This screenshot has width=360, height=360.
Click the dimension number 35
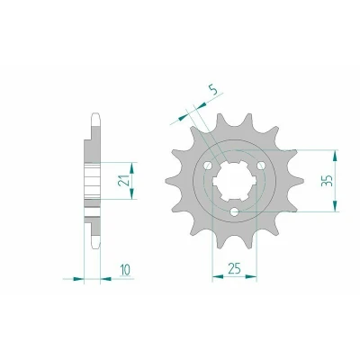tap(327, 180)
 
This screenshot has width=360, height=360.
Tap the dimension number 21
tap(123, 180)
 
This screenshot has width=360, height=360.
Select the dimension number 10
tap(125, 270)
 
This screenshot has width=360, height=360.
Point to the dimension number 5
tap(212, 89)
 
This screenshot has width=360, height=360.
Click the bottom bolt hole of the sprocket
tap(234, 212)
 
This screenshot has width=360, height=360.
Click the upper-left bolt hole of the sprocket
tap(207, 166)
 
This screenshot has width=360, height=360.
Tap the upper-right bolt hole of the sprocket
tap(261, 166)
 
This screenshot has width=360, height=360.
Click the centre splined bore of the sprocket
tap(234, 182)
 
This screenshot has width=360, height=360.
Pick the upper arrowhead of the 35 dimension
tap(336, 156)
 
